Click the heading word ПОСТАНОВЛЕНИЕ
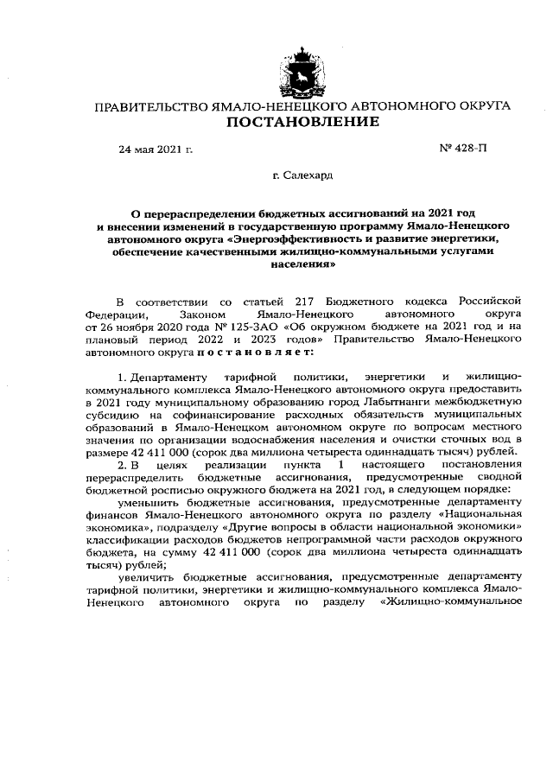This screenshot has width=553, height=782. click(302, 122)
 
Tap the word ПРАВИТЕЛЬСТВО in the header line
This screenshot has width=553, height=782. click(149, 106)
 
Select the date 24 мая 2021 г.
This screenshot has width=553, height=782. click(156, 149)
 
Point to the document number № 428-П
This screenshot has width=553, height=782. click(463, 149)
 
